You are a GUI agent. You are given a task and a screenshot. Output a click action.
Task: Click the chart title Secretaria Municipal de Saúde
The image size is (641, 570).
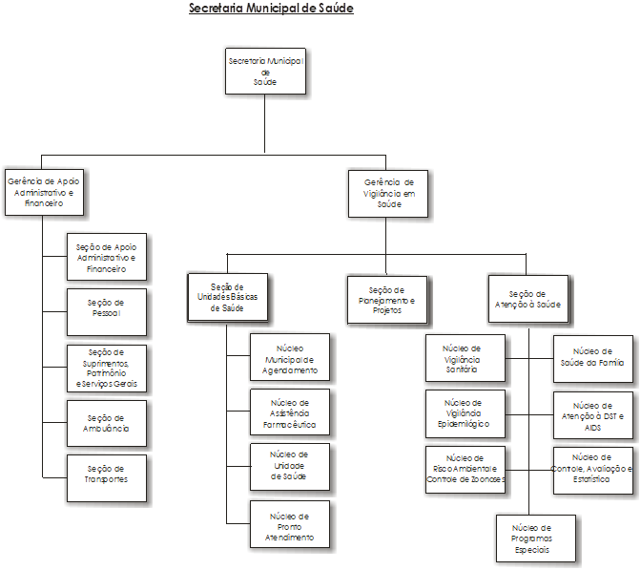[271, 9]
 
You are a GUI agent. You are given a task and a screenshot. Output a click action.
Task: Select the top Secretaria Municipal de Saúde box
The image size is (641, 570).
[265, 71]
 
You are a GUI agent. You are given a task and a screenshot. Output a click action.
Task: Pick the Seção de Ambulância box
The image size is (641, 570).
[106, 423]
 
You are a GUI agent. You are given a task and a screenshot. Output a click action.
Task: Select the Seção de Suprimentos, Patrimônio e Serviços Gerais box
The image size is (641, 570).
[106, 368]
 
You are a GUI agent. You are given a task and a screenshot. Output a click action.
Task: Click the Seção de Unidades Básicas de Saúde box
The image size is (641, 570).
[226, 297]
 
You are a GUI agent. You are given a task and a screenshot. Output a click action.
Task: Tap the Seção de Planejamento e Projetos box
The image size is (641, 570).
[386, 299]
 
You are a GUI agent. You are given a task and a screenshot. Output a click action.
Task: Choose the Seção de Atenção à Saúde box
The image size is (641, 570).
[527, 299]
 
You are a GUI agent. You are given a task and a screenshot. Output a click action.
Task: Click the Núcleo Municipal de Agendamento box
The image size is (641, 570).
[289, 358]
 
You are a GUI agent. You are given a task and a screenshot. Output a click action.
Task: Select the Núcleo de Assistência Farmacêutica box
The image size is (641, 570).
[289, 413]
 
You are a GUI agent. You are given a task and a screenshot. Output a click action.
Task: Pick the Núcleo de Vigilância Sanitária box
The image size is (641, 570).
[465, 358]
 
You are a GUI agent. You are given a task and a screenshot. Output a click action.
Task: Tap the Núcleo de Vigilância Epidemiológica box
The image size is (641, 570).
[465, 413]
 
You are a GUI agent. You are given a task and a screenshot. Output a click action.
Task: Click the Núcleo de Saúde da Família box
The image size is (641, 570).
[593, 358]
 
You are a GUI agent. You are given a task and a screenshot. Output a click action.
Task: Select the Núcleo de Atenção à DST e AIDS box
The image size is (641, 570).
[593, 415]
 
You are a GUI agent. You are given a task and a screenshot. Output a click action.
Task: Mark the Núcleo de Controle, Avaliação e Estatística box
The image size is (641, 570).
[593, 470]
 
